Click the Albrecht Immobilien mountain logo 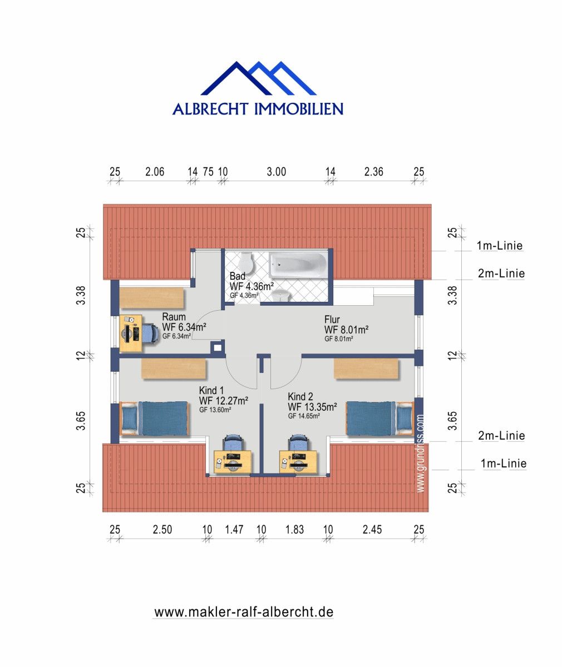(258, 79)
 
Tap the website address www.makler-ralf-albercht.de (244, 612)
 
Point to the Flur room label (332, 320)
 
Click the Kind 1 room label (212, 390)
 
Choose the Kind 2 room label (301, 396)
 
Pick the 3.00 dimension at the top (276, 172)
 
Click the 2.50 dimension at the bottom (162, 530)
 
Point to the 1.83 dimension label (294, 530)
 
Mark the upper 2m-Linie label (501, 273)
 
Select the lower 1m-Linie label (503, 463)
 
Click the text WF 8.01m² (346, 330)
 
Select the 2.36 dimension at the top (373, 172)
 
